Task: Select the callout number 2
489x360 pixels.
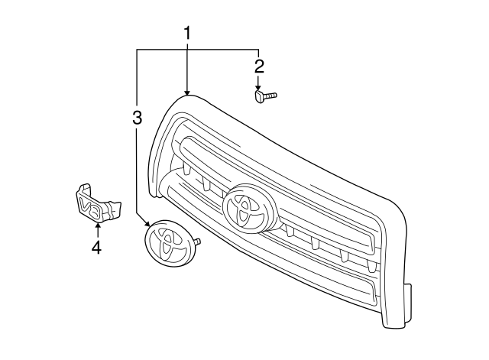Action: pyautogui.click(x=259, y=66)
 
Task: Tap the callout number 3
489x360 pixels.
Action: pyautogui.click(x=137, y=117)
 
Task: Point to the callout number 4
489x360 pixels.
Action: pyautogui.click(x=96, y=247)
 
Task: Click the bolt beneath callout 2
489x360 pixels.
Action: pyautogui.click(x=264, y=96)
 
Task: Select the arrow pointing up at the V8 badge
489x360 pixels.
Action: pyautogui.click(x=96, y=227)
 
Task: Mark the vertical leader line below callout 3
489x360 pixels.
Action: pyautogui.click(x=137, y=168)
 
